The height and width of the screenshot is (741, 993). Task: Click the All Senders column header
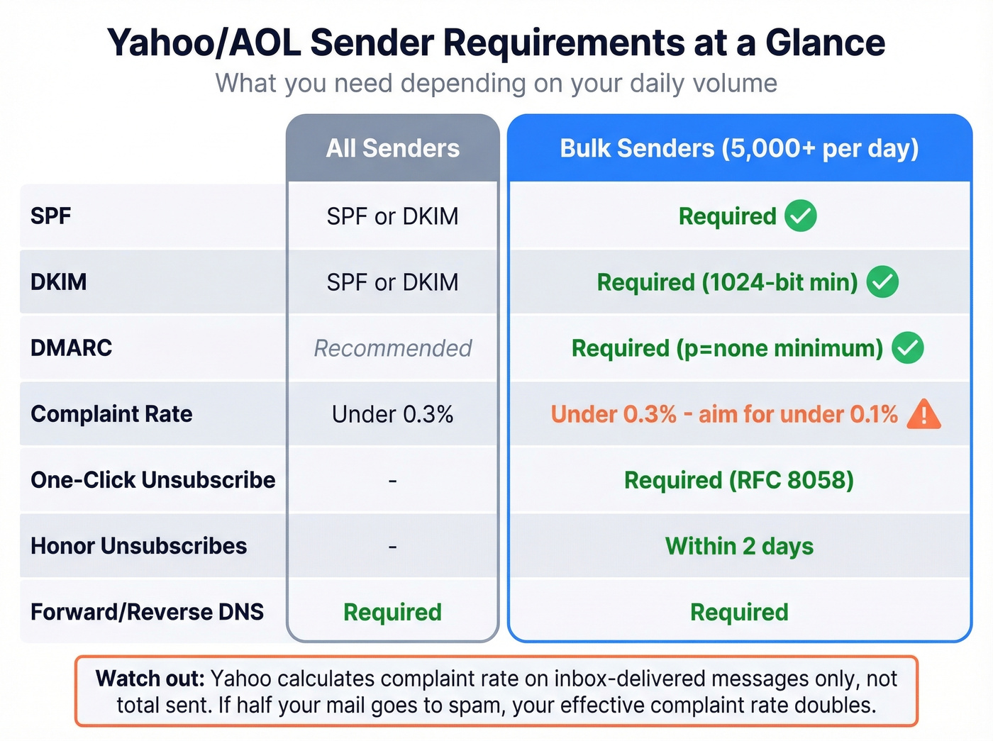[392, 148]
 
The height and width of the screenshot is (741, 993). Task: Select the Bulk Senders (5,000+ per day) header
[739, 148]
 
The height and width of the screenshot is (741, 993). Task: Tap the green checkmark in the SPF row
[801, 216]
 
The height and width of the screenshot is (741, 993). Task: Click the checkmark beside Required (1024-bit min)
[882, 282]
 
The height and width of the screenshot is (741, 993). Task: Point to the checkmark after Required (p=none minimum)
[907, 348]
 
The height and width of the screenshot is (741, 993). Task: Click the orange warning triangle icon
[923, 414]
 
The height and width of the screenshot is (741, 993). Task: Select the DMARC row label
[71, 348]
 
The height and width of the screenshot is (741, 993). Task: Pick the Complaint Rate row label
[111, 414]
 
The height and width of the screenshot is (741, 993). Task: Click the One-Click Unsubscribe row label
[152, 480]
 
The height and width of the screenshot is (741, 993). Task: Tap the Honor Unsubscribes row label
[138, 546]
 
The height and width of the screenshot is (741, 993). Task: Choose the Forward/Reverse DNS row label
[147, 612]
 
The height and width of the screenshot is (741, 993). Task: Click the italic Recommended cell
[392, 348]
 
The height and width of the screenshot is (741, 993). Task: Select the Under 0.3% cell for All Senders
[392, 414]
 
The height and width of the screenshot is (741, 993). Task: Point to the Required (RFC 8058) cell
[738, 480]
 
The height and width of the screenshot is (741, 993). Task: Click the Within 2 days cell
[739, 546]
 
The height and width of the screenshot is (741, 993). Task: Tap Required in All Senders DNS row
[392, 612]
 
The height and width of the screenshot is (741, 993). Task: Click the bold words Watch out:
[150, 679]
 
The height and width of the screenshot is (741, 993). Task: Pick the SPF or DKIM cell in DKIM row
[392, 282]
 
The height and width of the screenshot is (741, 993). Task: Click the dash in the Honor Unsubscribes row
[392, 547]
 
